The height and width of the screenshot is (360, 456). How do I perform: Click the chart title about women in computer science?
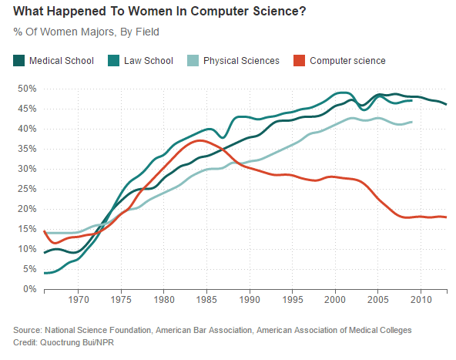point(153,13)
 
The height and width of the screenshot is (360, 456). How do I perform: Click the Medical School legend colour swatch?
point(18,60)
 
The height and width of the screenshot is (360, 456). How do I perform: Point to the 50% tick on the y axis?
point(26,89)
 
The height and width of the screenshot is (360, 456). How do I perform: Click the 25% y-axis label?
point(26,189)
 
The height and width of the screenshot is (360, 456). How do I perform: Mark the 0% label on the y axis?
point(28,289)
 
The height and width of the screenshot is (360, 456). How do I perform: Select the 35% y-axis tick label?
point(26,149)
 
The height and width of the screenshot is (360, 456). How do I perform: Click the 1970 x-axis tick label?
point(79,300)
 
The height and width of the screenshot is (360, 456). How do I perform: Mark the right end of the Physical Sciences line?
point(412,122)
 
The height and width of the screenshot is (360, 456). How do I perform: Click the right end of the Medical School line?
point(446,104)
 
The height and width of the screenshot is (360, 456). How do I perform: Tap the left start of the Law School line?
point(45,273)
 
